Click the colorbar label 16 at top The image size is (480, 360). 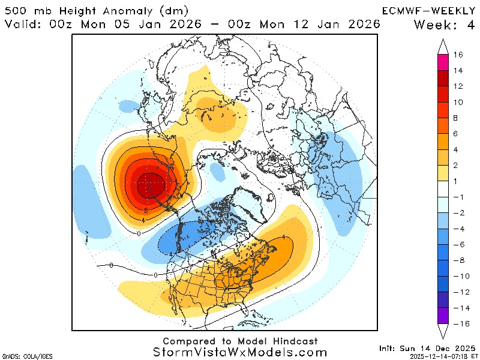pos(458,55)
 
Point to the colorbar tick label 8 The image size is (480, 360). pos(458,118)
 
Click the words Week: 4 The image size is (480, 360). pos(443,25)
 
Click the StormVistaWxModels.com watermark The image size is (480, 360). pos(240,353)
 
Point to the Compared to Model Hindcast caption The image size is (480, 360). pos(240,341)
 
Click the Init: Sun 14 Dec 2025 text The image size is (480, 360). pos(427,348)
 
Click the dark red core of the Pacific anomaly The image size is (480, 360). pos(149,185)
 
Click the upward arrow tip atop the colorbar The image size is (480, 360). pos(443,43)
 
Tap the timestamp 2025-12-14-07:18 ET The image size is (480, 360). pos(444,356)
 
